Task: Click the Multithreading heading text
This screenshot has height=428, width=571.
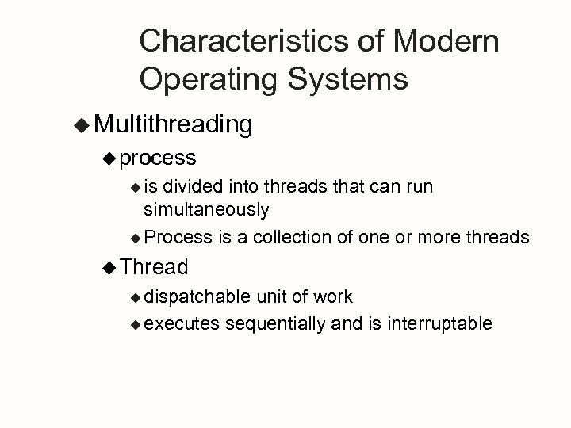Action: pos(173,124)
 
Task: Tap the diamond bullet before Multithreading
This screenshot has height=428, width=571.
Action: pos(82,124)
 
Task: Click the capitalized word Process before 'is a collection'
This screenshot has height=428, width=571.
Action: pos(179,236)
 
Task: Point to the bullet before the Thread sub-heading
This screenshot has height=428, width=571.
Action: pos(109,267)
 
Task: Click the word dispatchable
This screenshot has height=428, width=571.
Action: pos(197,296)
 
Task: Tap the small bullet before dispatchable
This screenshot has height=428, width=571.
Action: pos(136,297)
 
